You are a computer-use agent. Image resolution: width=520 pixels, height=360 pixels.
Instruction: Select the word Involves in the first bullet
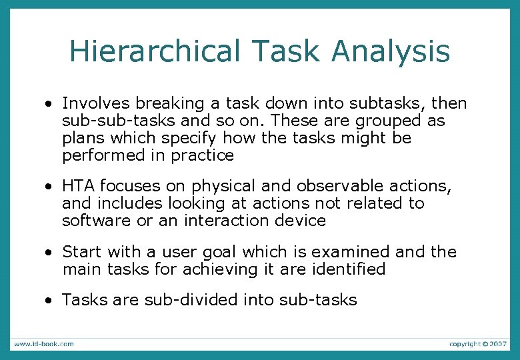[96, 103]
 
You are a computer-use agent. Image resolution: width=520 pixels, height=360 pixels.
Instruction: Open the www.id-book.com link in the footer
[44, 344]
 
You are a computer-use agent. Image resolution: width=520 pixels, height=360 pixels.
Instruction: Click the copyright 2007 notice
[478, 344]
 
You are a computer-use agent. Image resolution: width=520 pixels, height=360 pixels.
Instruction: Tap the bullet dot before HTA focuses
[49, 187]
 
